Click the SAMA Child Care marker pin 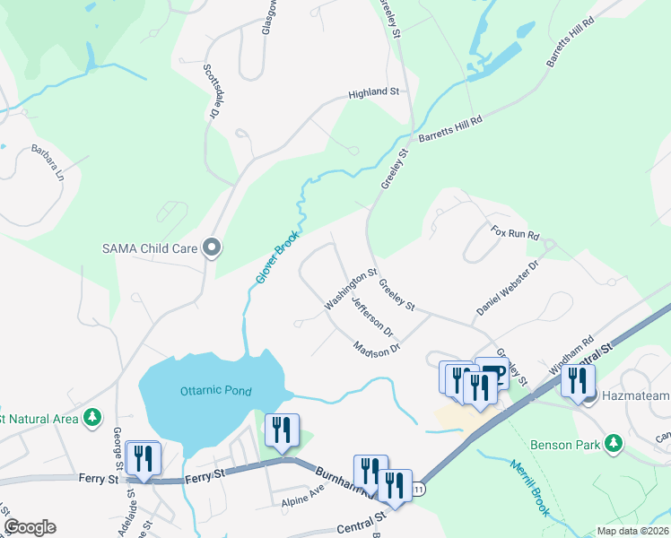[x=212, y=247]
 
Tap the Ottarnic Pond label [x=215, y=391]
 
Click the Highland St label [x=373, y=92]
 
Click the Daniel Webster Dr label [x=507, y=288]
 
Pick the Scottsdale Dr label [x=212, y=91]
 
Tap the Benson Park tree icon [x=614, y=443]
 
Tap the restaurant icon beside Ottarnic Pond [x=283, y=430]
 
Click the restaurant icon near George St [x=143, y=458]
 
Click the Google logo [x=30, y=527]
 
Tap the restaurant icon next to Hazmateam [x=575, y=379]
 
